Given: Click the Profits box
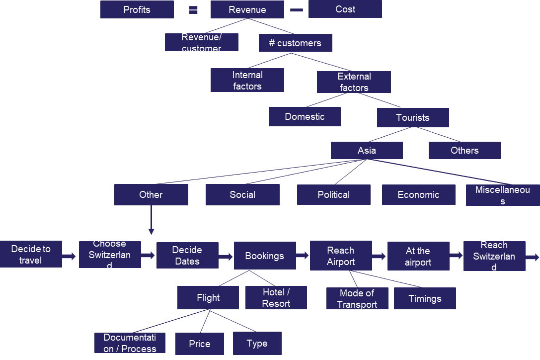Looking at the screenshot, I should [137, 9].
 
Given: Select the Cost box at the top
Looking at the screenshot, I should [345, 9].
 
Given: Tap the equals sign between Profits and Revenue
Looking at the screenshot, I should [193, 9].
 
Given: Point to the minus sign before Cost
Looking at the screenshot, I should [297, 9].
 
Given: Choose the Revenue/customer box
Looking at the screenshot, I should [201, 42].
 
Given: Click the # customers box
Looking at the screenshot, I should [295, 43].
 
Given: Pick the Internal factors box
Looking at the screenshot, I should [247, 80].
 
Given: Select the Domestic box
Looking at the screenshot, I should [305, 116].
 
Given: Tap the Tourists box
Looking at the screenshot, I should [412, 117].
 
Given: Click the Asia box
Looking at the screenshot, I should [367, 150].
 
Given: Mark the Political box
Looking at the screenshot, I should [333, 194].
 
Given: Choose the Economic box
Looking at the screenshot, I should [418, 194].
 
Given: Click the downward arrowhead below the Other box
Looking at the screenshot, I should [151, 232].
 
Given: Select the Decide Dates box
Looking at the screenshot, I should [187, 255].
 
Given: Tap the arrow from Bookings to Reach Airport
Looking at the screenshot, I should [303, 256].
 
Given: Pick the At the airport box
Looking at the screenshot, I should [418, 256].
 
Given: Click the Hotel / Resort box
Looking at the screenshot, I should [276, 297].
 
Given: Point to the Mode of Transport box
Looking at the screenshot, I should [357, 298].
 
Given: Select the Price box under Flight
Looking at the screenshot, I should [199, 344].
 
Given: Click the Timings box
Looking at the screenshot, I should [425, 298].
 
